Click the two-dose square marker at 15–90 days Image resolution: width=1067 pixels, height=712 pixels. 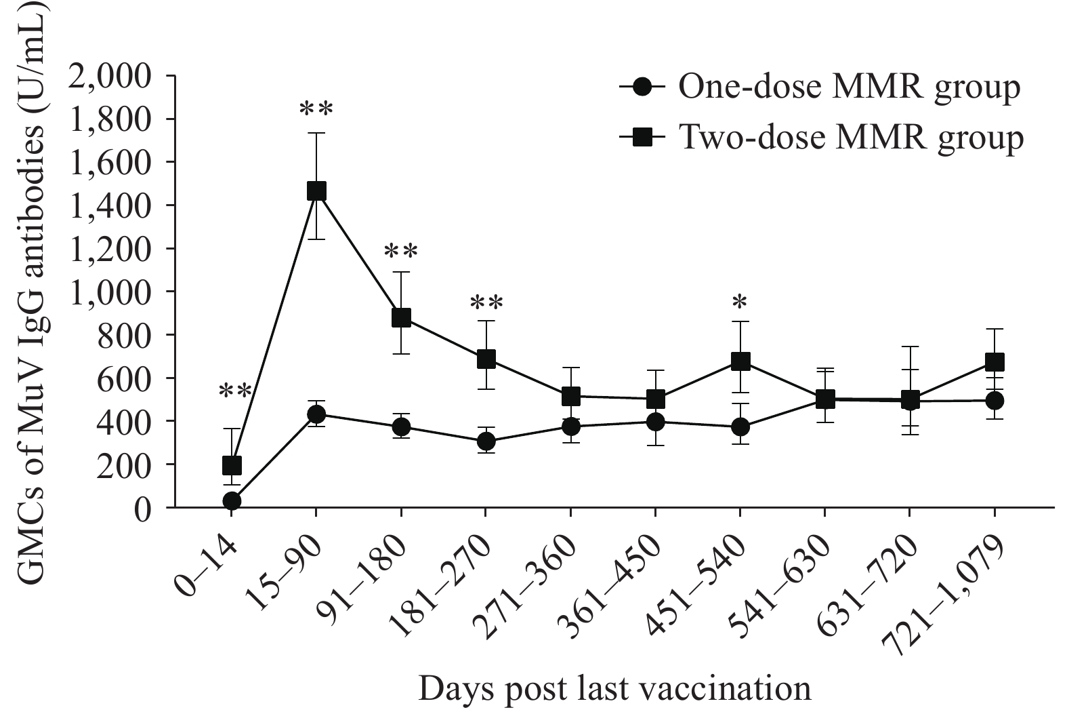(316, 191)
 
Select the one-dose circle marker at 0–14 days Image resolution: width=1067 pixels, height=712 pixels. (232, 501)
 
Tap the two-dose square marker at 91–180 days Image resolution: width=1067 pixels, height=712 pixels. (401, 317)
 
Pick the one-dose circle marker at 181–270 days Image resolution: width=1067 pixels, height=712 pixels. (486, 442)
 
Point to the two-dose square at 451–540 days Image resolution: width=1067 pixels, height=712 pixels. (740, 361)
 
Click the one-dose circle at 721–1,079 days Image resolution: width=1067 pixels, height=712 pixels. (995, 400)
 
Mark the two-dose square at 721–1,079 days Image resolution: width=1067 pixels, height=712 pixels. (995, 362)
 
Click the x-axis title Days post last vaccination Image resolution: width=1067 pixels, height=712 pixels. (614, 689)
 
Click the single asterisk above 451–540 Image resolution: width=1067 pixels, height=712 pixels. (740, 301)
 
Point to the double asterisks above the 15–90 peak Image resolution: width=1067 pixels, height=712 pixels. (316, 108)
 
